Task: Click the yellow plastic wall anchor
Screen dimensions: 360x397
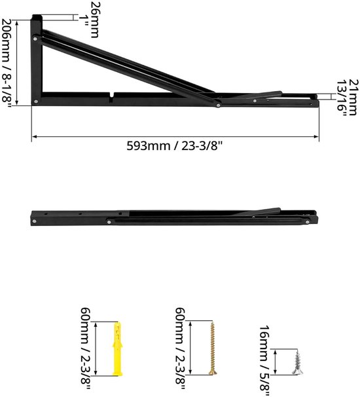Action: [118, 349]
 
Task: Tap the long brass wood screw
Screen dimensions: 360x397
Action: [213, 348]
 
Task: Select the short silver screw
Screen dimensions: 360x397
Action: [297, 362]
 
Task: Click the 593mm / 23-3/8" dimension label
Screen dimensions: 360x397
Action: [175, 146]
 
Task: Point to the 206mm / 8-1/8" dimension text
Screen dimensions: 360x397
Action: [7, 64]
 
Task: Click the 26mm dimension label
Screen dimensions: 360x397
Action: [95, 20]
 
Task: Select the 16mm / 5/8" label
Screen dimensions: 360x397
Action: [264, 361]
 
